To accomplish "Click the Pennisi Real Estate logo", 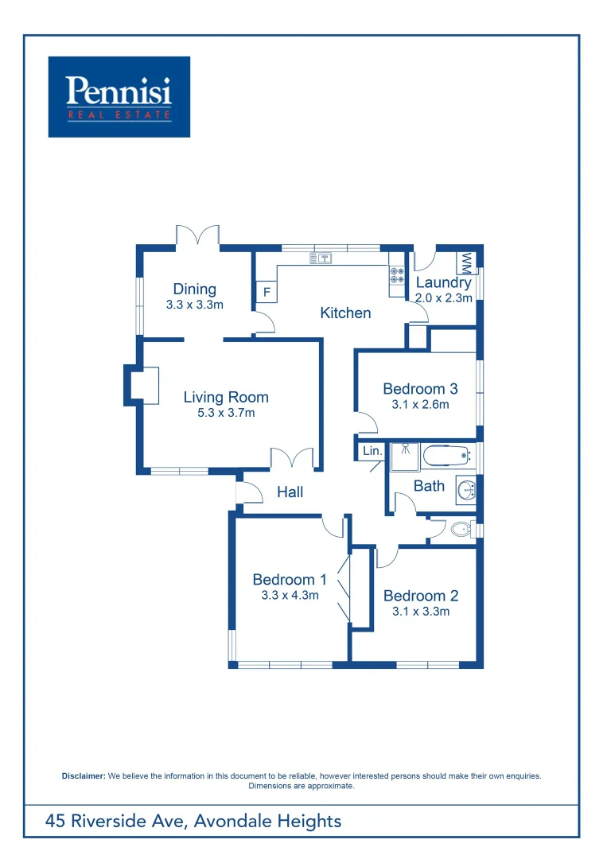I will coord(119,96).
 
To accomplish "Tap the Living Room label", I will coord(226,397).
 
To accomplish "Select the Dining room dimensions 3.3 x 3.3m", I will coord(194,305).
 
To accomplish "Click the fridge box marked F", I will coord(267,292).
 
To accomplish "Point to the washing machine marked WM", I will coord(466,262).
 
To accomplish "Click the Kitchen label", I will coord(345,313).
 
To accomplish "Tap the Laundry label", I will coord(443,282).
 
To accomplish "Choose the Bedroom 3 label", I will coord(420,389).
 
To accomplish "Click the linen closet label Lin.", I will coord(372,451).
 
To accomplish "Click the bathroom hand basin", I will coord(465,490).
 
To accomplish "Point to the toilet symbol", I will coord(459,529).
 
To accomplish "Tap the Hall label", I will coord(290,492).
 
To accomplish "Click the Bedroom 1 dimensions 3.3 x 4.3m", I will coord(290,595).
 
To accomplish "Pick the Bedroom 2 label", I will coord(420,596).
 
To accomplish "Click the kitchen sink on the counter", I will coord(321,258).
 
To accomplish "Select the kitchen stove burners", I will coord(396,276).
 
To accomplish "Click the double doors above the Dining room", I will coord(196,235).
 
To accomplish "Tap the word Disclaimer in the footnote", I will coord(84,775).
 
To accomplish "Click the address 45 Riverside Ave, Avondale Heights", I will coord(193,821).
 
